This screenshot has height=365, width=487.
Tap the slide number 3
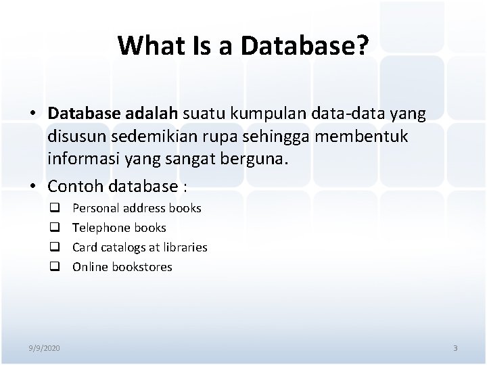point(455,348)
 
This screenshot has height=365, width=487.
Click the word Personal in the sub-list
point(95,208)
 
